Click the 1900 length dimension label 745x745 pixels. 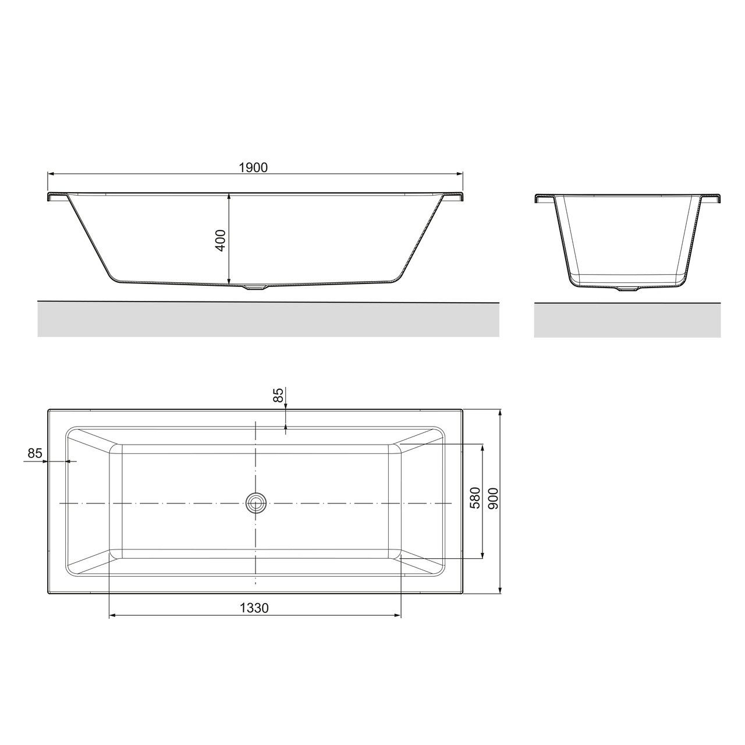point(253,168)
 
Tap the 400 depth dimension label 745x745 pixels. point(220,240)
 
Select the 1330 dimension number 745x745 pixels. point(254,608)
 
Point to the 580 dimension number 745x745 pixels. point(475,498)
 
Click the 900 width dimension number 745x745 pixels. point(494,498)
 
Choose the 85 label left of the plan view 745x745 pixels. point(35,453)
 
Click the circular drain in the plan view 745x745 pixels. point(256,503)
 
